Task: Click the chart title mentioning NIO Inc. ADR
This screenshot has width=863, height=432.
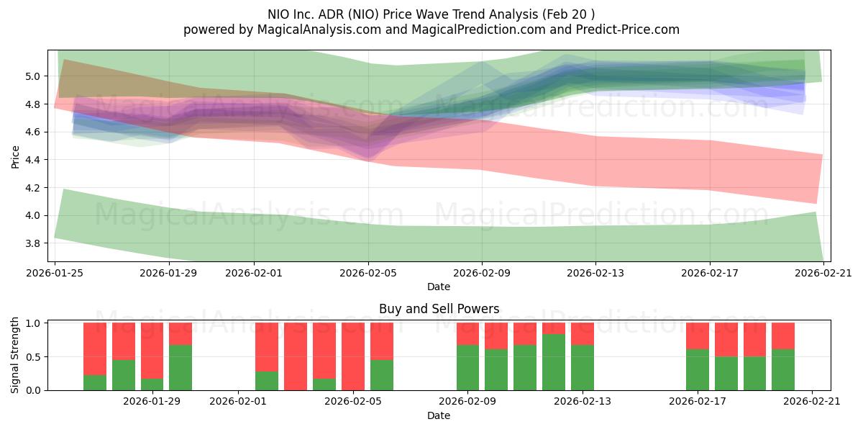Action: pyautogui.click(x=431, y=14)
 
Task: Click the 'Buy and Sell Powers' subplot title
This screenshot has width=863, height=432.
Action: pyautogui.click(x=439, y=309)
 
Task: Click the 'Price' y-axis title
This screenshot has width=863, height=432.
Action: pyautogui.click(x=16, y=156)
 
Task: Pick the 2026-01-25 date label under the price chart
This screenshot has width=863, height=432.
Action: pyautogui.click(x=55, y=273)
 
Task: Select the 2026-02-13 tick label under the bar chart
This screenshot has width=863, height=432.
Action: pyautogui.click(x=583, y=402)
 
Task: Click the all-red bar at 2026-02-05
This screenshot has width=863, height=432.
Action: pyautogui.click(x=353, y=356)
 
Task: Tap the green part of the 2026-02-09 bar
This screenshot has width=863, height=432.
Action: pyautogui.click(x=467, y=368)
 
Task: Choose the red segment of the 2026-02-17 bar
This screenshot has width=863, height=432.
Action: pyautogui.click(x=698, y=336)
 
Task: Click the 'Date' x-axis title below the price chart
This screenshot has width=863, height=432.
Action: pyautogui.click(x=439, y=287)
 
